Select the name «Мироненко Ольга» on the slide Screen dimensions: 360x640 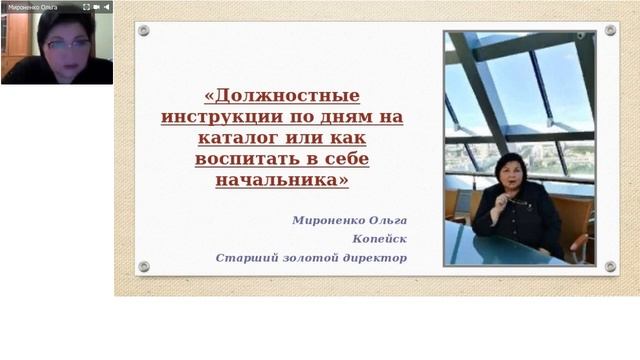pyautogui.click(x=350, y=219)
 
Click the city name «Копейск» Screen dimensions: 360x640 pyautogui.click(x=380, y=238)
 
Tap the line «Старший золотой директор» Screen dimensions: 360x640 pyautogui.click(x=311, y=257)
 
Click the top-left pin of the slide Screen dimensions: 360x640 pyautogui.click(x=143, y=31)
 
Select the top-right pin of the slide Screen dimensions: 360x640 pyautogui.click(x=610, y=31)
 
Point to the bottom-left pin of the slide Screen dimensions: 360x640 pyautogui.click(x=143, y=266)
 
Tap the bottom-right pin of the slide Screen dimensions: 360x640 pyautogui.click(x=610, y=266)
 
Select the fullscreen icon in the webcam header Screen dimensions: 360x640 pyautogui.click(x=106, y=6)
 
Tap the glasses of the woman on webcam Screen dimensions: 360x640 pyautogui.click(x=68, y=44)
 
